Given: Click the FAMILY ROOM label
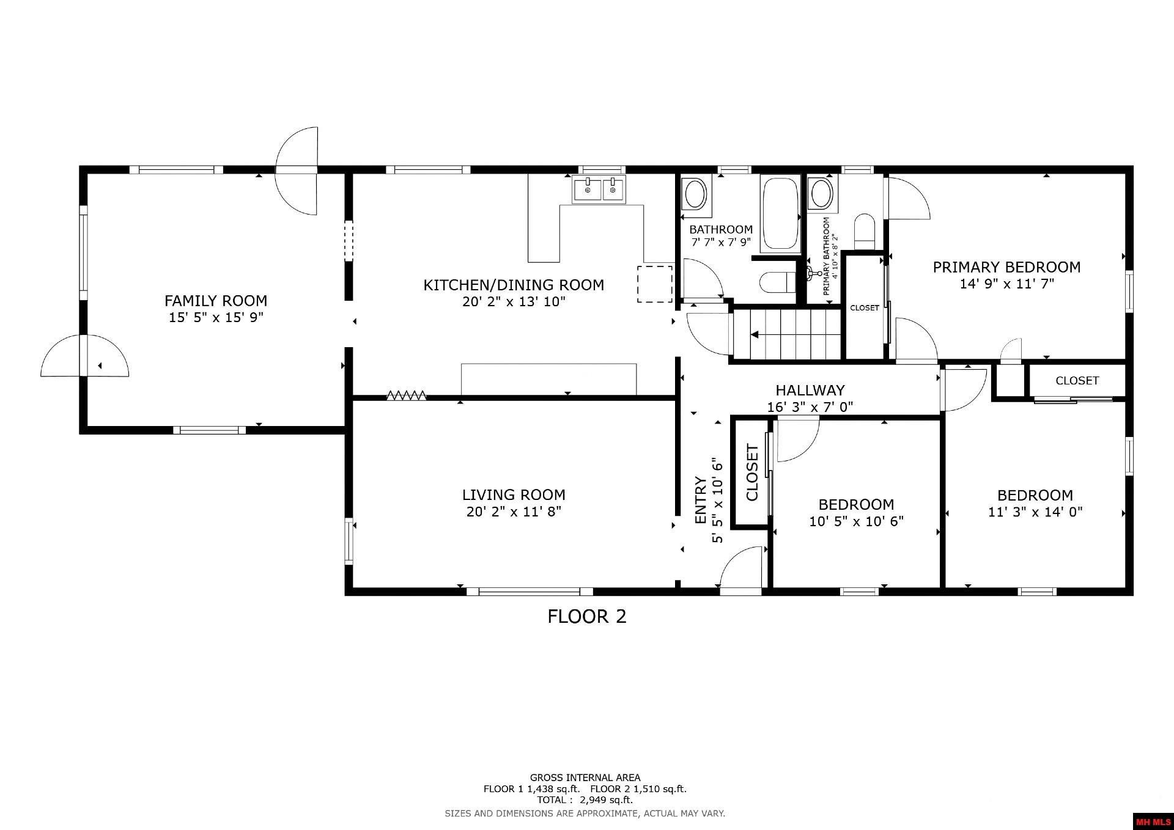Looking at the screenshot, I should pyautogui.click(x=216, y=301).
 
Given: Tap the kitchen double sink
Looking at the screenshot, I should pyautogui.click(x=599, y=189).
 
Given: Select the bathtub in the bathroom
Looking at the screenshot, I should pyautogui.click(x=780, y=213).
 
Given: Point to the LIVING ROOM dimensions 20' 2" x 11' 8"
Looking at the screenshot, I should pyautogui.click(x=514, y=512).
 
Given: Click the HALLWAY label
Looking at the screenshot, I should pyautogui.click(x=810, y=390).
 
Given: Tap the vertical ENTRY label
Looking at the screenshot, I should pyautogui.click(x=701, y=500).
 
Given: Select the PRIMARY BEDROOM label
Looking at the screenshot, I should pyautogui.click(x=1006, y=267).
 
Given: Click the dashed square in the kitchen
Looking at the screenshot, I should pyautogui.click(x=655, y=284).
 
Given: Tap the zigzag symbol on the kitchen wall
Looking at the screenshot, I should pyautogui.click(x=406, y=395).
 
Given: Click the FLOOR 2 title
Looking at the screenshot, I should pyautogui.click(x=586, y=616).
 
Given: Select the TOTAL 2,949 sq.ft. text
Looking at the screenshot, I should pyautogui.click(x=585, y=799).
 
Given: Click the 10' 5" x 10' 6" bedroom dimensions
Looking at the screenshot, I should pyautogui.click(x=856, y=521).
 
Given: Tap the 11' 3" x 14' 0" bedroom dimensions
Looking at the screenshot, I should pyautogui.click(x=1035, y=512).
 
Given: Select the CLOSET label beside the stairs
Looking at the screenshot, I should pyautogui.click(x=865, y=307).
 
